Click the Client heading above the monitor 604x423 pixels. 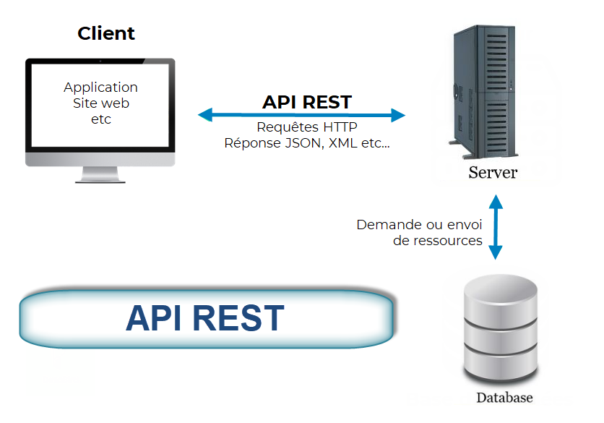[x=106, y=33]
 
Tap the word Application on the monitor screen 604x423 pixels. [x=100, y=87]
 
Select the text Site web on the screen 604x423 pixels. [x=100, y=103]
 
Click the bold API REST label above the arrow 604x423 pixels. [x=307, y=102]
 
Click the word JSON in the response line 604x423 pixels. [x=303, y=143]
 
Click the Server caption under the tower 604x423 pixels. [x=493, y=173]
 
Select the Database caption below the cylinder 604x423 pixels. [x=504, y=398]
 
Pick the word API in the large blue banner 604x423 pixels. [x=151, y=318]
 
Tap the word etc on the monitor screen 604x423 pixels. [x=100, y=119]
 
